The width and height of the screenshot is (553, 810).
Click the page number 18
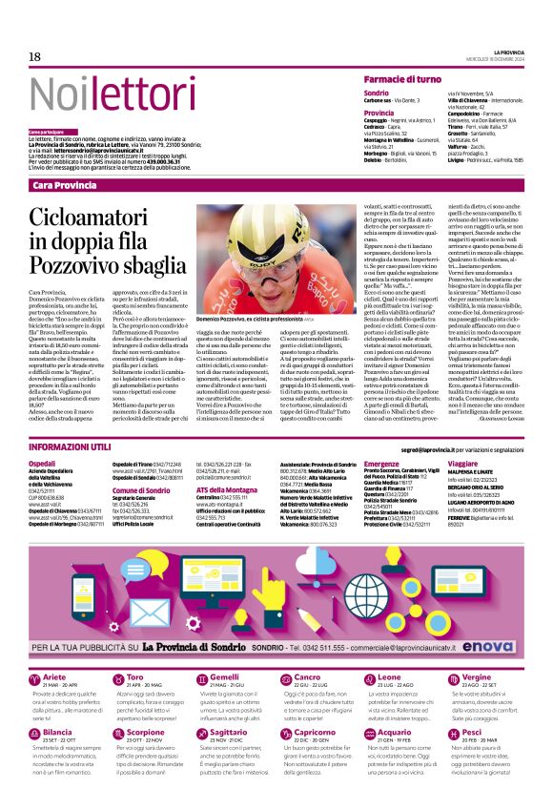(34, 55)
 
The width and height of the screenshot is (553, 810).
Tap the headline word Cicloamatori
(92, 225)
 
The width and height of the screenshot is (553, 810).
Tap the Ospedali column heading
(43, 463)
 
